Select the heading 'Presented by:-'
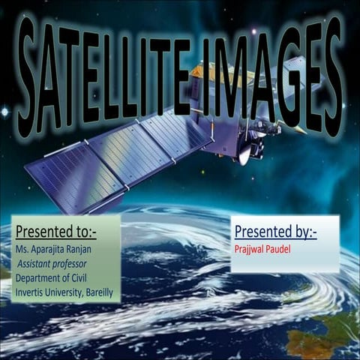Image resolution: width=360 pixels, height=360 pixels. click(x=275, y=232)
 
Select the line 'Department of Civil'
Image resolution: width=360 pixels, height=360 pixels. click(x=56, y=277)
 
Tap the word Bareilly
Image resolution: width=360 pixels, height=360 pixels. click(x=95, y=292)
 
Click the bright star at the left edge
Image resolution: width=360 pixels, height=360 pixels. click(x=4, y=112)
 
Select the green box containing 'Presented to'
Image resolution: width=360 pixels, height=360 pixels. click(x=65, y=258)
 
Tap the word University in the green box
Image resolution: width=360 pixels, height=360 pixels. click(x=64, y=292)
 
